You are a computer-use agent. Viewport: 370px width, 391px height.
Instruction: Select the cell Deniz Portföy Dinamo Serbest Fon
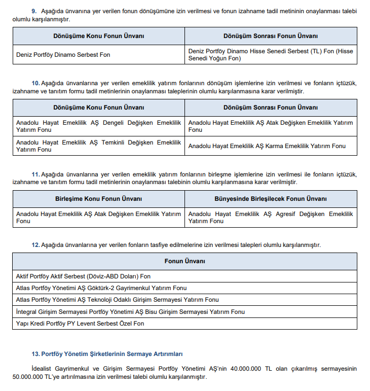63,55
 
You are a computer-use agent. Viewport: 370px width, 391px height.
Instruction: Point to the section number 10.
35,83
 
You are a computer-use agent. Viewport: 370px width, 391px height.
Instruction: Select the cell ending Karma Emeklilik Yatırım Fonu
267,146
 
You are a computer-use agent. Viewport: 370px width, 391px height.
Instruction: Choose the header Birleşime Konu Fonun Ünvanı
98,199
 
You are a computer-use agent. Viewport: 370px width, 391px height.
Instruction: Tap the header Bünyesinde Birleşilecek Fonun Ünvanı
271,199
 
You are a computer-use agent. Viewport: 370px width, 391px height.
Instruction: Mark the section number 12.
35,245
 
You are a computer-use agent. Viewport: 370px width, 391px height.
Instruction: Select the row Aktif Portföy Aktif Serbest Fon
84,276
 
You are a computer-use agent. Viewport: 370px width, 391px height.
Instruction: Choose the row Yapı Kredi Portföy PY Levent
80,323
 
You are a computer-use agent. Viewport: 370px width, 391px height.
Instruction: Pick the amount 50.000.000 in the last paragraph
29,377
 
